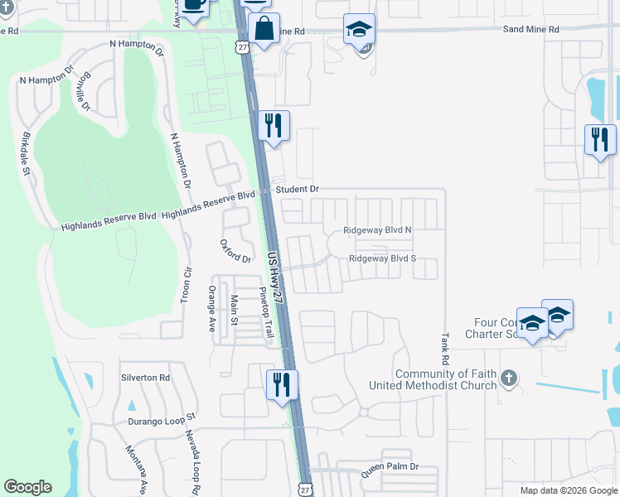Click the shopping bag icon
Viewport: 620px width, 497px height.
[264, 29]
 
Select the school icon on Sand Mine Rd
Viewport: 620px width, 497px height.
[360, 30]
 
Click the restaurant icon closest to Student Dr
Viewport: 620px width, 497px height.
[274, 127]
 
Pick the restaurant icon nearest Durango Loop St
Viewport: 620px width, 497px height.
[282, 385]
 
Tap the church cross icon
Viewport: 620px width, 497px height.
[509, 379]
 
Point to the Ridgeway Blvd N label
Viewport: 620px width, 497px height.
[378, 231]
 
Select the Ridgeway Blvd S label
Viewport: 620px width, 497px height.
[382, 258]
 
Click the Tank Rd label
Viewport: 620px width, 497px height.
[445, 350]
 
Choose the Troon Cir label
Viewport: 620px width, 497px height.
[186, 284]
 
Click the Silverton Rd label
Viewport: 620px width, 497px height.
[145, 377]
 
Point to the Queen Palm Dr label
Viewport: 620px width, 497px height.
[390, 467]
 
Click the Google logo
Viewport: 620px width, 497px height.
[27, 487]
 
